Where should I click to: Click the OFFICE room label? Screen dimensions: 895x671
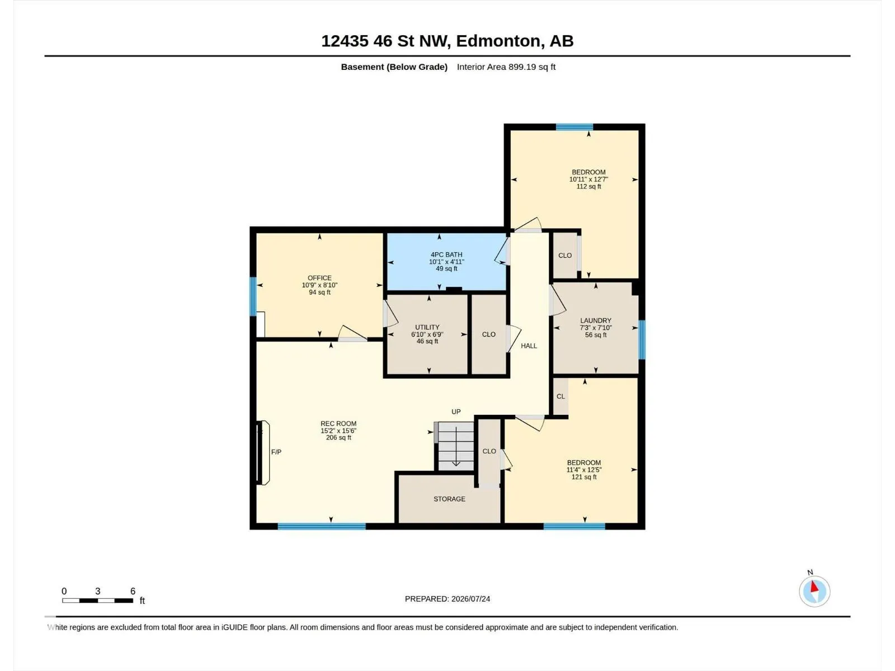319,278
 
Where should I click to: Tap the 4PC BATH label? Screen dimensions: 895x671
446,254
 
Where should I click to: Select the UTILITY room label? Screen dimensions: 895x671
427,327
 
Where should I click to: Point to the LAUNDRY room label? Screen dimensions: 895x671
595,320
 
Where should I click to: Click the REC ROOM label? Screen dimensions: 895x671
338,424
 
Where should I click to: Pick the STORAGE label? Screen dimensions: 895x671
449,499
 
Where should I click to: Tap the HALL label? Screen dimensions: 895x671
529,346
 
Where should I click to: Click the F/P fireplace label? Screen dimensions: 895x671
276,452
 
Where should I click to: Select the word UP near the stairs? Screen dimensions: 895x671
456,412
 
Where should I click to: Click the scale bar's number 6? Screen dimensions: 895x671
133,591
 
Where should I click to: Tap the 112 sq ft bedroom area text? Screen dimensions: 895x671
588,187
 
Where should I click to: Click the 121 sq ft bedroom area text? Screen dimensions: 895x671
583,477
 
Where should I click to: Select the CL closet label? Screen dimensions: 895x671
560,396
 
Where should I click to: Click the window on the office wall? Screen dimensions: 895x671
253,296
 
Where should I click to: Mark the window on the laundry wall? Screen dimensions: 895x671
642,340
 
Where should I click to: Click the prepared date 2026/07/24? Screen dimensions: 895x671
470,599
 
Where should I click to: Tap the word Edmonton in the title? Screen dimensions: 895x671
498,41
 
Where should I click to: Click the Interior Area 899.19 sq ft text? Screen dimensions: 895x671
506,67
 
